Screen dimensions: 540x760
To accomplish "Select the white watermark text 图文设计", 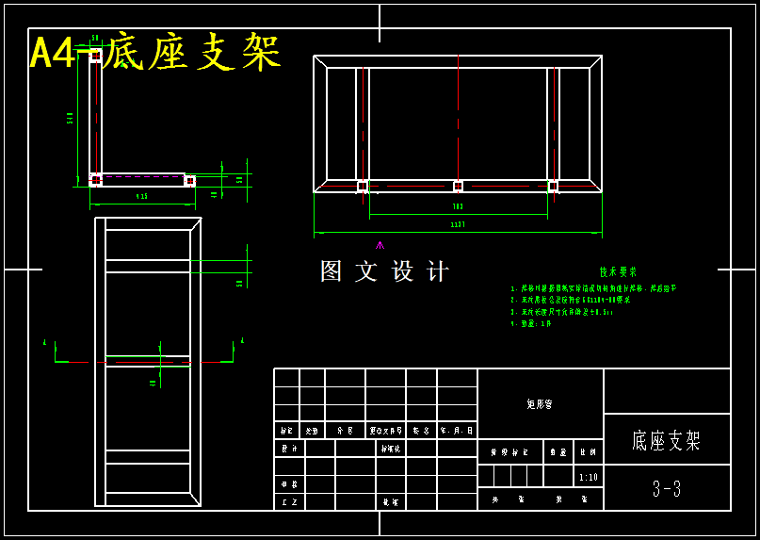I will click(384, 271).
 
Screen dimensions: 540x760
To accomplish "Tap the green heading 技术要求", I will click(618, 271).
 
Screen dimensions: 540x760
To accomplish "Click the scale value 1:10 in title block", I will click(588, 477).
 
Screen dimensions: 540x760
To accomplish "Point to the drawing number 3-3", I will click(667, 489).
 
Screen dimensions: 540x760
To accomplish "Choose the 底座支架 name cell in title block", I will click(667, 440).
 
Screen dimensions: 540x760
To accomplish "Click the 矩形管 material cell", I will click(540, 403).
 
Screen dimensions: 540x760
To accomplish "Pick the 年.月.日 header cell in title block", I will click(456, 430).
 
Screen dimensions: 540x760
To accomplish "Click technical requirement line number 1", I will click(593, 288).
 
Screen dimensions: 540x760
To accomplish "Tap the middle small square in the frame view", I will click(458, 186).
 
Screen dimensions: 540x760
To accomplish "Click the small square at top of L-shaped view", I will click(96, 57).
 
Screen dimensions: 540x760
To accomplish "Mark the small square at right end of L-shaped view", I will click(189, 180).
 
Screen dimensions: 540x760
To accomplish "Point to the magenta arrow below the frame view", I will click(380, 245).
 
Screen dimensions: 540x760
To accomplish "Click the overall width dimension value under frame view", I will click(458, 225).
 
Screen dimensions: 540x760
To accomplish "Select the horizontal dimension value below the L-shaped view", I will click(141, 197).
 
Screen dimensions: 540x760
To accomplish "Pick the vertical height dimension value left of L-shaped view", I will click(71, 118).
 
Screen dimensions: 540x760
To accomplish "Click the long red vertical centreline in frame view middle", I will click(458, 113).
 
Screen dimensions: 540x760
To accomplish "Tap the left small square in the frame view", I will click(363, 186).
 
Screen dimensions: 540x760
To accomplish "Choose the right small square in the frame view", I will click(553, 186).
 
